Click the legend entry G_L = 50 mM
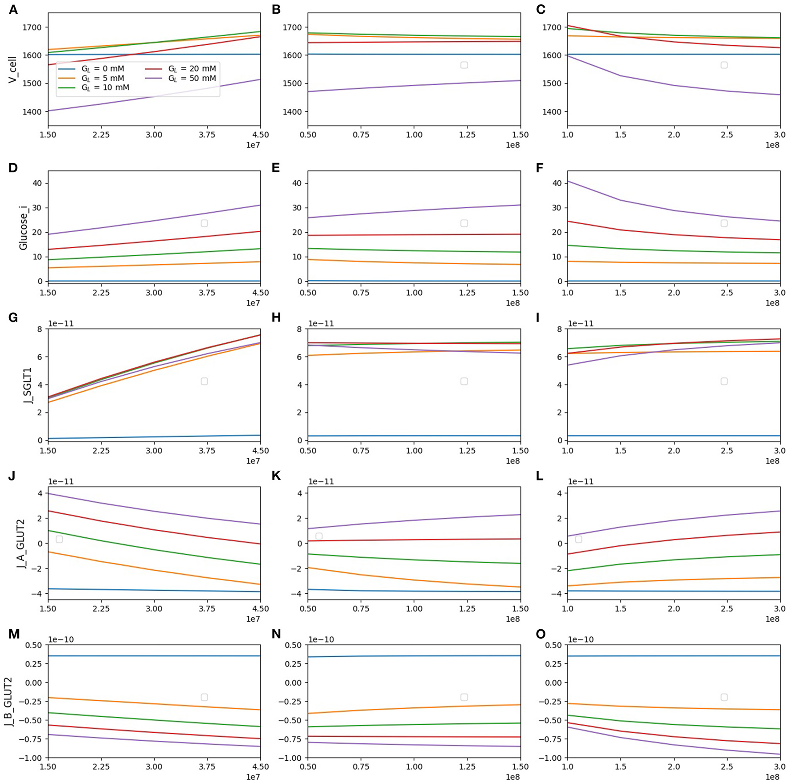pyautogui.click(x=191, y=79)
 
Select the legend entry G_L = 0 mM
pyautogui.click(x=102, y=69)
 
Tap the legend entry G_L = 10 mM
pyautogui.click(x=105, y=88)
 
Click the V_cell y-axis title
pyautogui.click(x=12, y=69)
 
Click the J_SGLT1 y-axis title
pyautogui.click(x=28, y=385)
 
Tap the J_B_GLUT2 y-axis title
pyautogui.click(x=8, y=702)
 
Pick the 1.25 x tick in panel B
pyautogui.click(x=467, y=135)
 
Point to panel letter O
pyautogui.click(x=541, y=634)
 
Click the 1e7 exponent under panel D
pyautogui.click(x=253, y=303)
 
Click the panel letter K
pyautogui.click(x=276, y=476)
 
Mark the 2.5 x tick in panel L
pyautogui.click(x=727, y=609)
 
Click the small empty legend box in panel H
pyautogui.click(x=464, y=381)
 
